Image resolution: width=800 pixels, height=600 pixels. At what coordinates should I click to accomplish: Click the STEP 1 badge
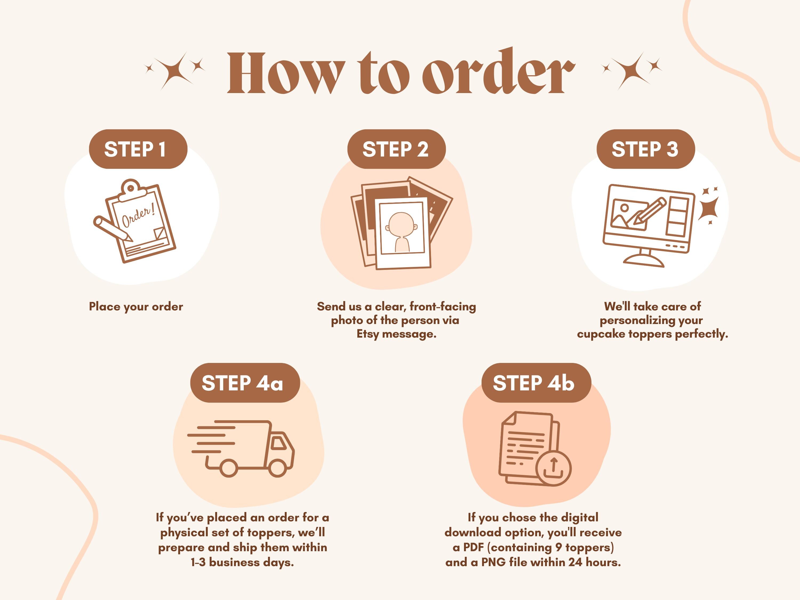point(138,149)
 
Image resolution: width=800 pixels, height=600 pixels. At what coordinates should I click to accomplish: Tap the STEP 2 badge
point(396,149)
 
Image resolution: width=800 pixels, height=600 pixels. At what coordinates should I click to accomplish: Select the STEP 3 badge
point(646,149)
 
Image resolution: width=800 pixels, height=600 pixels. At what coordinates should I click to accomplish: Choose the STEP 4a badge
point(245,383)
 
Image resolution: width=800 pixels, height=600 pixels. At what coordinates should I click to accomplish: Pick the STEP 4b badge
point(536,383)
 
